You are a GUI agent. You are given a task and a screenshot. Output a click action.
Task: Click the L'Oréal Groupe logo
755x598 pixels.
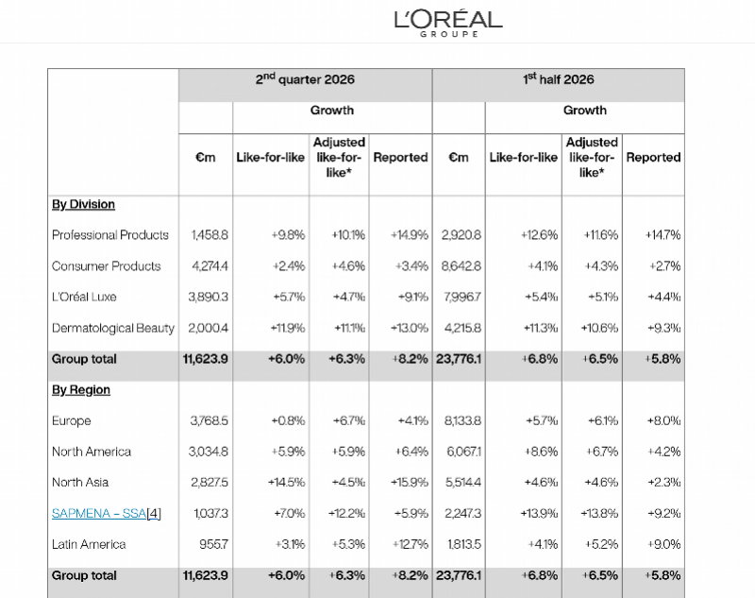pos(448,23)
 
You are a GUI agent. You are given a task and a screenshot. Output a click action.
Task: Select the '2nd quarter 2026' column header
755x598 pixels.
pos(305,79)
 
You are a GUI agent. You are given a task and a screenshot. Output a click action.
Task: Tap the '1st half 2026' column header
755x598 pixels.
pos(559,79)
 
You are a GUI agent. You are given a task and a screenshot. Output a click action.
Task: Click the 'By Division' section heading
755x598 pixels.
pos(83,204)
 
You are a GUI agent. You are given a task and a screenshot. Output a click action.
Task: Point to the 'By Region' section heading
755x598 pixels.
pos(81,390)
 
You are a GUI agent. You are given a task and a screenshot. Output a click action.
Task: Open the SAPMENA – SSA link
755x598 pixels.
pos(99,514)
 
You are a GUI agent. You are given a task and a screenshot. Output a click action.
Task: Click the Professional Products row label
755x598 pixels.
pos(110,235)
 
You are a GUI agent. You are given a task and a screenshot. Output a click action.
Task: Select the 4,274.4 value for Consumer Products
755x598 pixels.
pos(210,266)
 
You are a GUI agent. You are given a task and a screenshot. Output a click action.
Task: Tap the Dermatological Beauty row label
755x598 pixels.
pos(113,328)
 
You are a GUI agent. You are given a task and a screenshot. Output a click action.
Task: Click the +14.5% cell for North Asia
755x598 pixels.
pos(287,483)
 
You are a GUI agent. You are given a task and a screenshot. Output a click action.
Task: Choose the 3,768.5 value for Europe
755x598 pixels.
pos(209,420)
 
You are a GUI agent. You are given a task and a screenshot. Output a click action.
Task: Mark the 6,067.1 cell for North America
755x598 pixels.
pos(463,452)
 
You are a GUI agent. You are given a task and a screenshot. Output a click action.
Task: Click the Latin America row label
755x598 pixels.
pos(89,544)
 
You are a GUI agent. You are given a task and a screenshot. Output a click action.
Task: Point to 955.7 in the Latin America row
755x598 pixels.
pos(214,544)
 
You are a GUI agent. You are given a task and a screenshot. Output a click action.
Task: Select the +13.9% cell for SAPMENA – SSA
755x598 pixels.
pos(539,514)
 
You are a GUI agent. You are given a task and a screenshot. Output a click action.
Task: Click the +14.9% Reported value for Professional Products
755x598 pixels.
pos(410,235)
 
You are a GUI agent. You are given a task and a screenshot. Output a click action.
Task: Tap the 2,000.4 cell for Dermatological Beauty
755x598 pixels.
pos(208,328)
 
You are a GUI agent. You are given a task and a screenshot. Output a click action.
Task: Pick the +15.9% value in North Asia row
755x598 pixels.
pos(410,483)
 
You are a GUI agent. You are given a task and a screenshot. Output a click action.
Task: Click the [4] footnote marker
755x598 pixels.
pos(154,514)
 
